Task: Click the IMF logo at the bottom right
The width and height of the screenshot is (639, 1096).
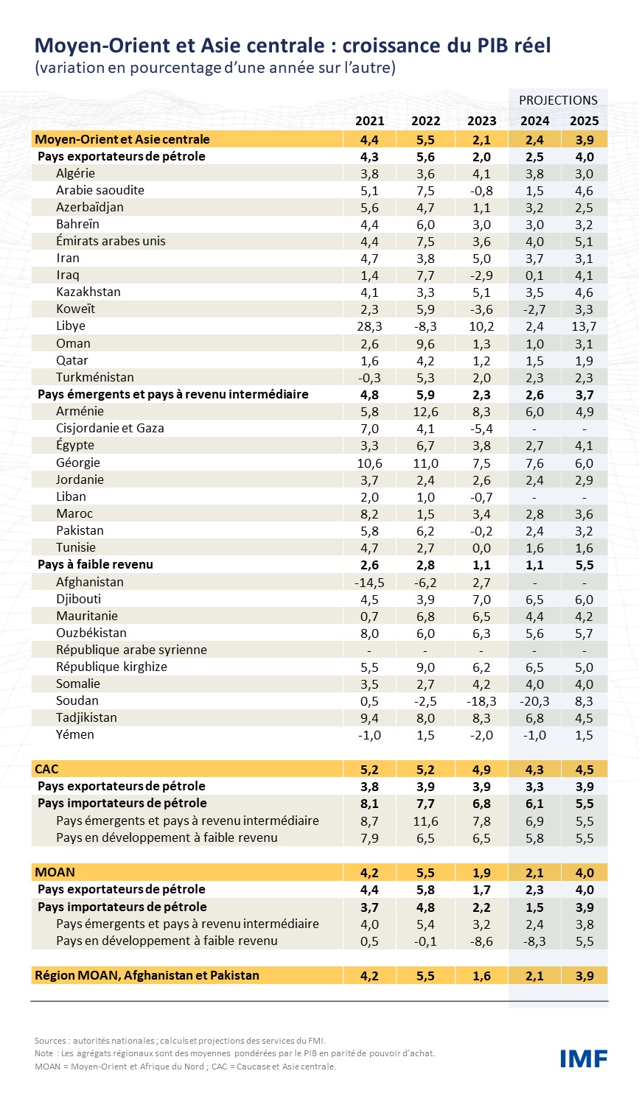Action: point(583,1058)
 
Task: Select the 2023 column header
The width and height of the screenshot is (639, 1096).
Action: point(481,121)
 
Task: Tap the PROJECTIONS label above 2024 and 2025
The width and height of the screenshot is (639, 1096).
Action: point(558,100)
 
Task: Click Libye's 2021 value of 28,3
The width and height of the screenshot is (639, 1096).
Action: point(369,326)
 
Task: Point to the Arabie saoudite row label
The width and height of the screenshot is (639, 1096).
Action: point(100,190)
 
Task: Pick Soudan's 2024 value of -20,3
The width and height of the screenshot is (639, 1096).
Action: point(534,701)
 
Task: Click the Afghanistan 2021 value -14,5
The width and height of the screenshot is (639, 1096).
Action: point(369,583)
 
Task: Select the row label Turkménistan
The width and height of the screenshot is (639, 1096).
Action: point(95,377)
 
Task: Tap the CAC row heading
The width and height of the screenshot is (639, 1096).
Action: point(46,769)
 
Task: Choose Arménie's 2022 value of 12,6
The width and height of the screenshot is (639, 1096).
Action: point(425,412)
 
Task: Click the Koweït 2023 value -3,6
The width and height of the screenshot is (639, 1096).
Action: point(481,309)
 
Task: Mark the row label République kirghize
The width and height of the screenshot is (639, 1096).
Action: point(111,667)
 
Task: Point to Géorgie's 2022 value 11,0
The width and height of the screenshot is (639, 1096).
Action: point(425,463)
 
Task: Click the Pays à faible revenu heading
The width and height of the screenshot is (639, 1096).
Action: point(95,564)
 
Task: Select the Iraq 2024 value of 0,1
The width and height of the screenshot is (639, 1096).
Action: point(534,275)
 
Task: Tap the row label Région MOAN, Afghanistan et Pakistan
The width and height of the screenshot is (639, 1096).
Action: point(147,975)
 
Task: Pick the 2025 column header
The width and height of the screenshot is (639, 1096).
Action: point(584,121)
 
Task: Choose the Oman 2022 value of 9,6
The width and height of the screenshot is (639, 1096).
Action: point(425,344)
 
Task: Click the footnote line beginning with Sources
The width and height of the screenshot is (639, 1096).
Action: point(180,1041)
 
